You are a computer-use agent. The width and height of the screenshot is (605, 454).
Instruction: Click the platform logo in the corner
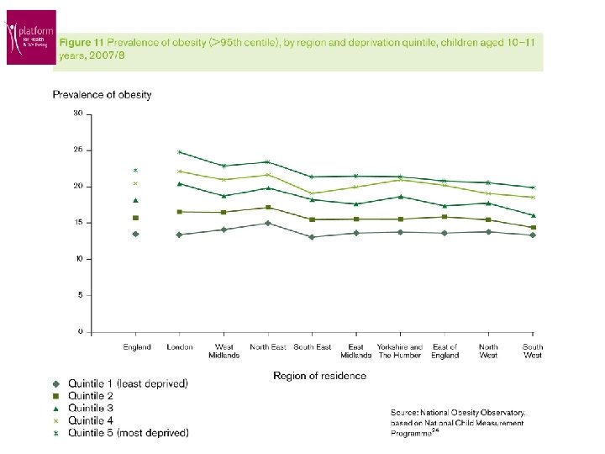tap(31, 37)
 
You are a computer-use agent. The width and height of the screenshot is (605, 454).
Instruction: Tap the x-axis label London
tap(180, 347)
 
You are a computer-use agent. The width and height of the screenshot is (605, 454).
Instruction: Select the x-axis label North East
tap(267, 347)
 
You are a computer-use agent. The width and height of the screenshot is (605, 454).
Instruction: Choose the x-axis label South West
tap(533, 351)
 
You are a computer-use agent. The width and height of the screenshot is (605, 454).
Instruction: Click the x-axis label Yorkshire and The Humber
tap(400, 351)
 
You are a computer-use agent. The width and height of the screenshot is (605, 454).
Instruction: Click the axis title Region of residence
tap(319, 376)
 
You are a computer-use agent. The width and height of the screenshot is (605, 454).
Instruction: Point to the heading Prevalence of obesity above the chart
tap(103, 95)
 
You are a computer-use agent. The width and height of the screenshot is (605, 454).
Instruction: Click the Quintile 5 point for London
tap(179, 152)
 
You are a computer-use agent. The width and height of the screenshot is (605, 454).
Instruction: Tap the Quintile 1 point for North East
tap(267, 223)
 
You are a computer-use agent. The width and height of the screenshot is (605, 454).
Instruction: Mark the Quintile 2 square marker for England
tap(135, 218)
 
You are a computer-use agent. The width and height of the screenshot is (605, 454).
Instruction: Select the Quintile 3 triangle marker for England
tap(135, 200)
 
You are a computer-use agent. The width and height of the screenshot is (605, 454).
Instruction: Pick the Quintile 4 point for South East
tap(312, 193)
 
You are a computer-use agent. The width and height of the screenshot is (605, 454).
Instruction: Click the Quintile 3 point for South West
tap(533, 215)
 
